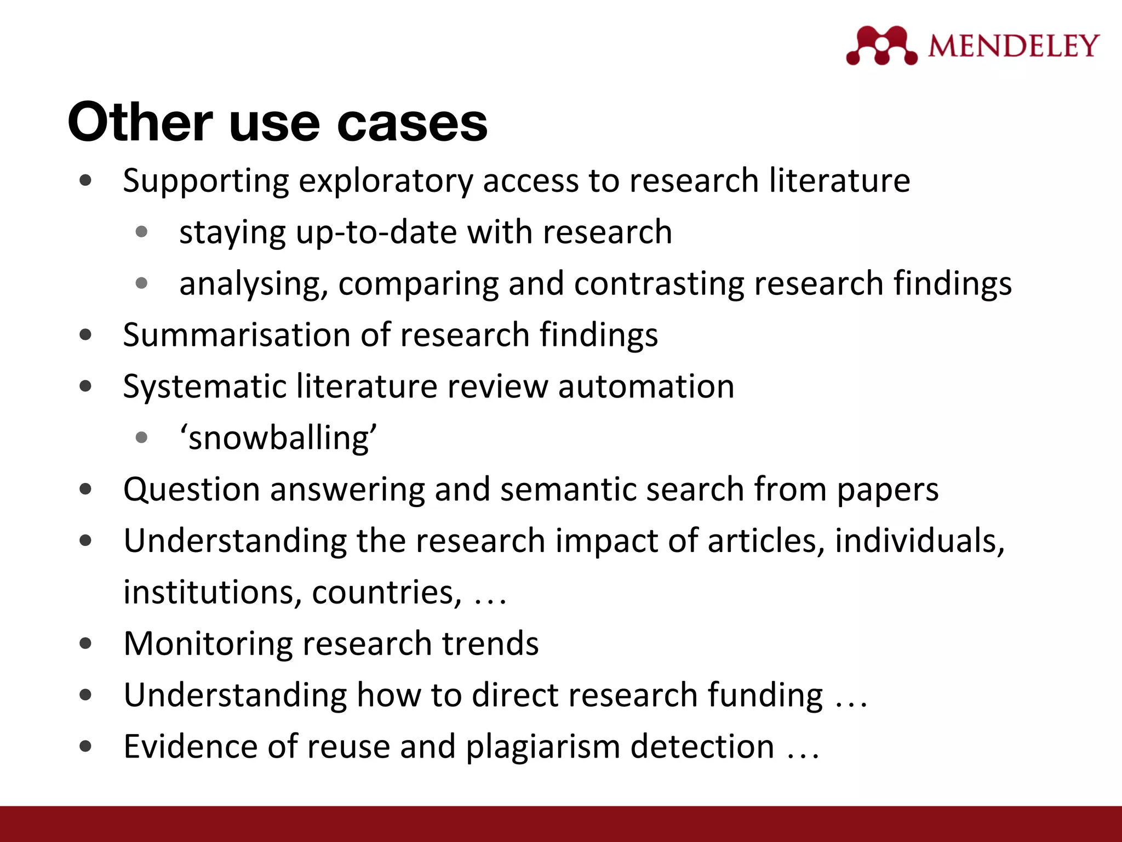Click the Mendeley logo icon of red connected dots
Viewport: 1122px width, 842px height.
tap(881, 45)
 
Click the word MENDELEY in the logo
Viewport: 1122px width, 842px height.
tap(1014, 45)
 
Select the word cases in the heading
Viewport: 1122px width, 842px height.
tap(412, 123)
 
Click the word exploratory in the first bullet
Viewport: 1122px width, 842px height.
tap(385, 181)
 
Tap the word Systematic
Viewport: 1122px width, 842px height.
tap(204, 386)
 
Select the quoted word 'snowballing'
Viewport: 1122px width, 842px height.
tap(278, 438)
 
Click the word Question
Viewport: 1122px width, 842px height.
tap(192, 490)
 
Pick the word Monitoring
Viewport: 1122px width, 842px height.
tap(208, 644)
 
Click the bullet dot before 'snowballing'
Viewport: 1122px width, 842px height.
tap(141, 437)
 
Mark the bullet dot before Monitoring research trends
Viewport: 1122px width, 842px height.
tap(85, 643)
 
